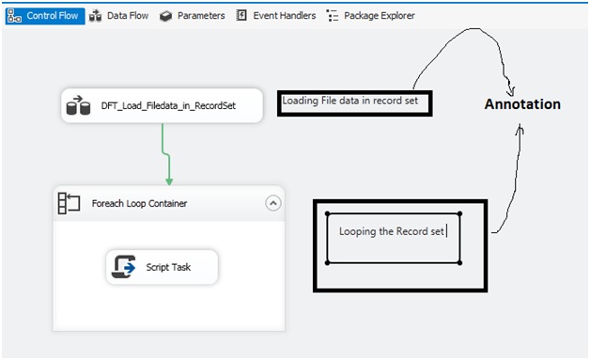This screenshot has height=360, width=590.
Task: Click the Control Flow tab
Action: [44, 16]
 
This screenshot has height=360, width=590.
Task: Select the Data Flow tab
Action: [120, 16]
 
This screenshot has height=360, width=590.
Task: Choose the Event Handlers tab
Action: [281, 16]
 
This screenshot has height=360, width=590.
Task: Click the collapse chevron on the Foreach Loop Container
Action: [272, 202]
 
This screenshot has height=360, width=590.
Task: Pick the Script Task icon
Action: [125, 267]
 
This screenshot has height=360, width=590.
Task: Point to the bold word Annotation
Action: [522, 104]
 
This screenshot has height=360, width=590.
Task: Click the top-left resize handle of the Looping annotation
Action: [327, 212]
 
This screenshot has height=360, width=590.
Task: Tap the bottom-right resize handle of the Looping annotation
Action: [459, 263]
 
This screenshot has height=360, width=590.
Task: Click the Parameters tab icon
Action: [165, 16]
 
